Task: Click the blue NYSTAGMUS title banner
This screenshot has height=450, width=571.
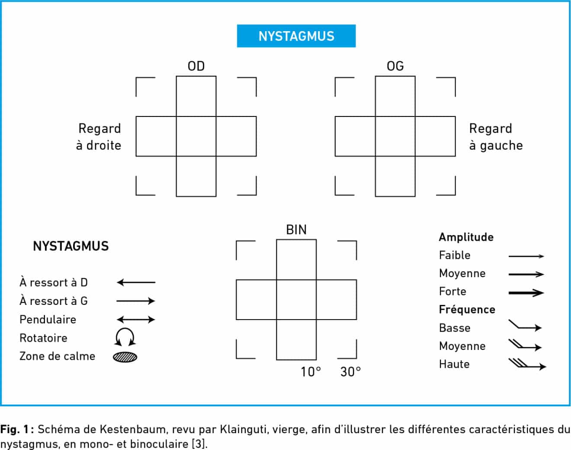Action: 296,36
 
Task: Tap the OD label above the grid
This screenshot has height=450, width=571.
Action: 196,66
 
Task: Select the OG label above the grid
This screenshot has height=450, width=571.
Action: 395,66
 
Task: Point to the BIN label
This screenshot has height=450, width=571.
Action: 296,230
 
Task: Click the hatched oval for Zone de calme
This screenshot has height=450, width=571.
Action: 125,357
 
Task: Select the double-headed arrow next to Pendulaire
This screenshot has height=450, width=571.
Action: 136,319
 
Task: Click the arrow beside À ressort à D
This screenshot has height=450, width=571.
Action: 136,282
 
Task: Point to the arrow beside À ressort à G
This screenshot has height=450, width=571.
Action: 136,301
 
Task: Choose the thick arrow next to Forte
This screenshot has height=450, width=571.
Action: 526,293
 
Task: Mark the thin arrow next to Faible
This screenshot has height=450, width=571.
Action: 526,256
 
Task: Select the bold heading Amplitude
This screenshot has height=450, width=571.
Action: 466,237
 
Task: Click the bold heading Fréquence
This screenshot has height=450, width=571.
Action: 467,310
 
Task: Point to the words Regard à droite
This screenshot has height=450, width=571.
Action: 99,137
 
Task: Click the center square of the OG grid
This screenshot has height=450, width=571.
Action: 395,136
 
